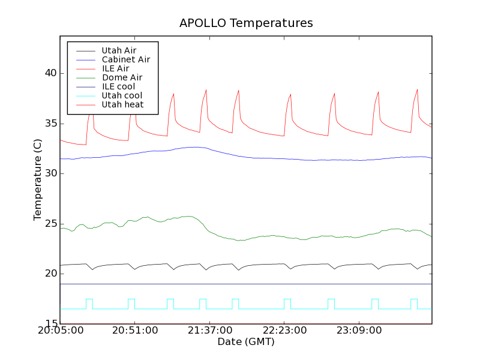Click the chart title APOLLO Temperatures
click(246, 23)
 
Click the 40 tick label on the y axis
click(50, 73)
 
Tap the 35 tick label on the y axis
click(50, 124)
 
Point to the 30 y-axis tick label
click(50, 173)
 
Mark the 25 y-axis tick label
click(50, 224)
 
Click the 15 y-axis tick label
click(50, 324)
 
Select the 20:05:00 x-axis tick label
click(60, 331)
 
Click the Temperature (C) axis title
click(38, 179)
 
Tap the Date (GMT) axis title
click(246, 342)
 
